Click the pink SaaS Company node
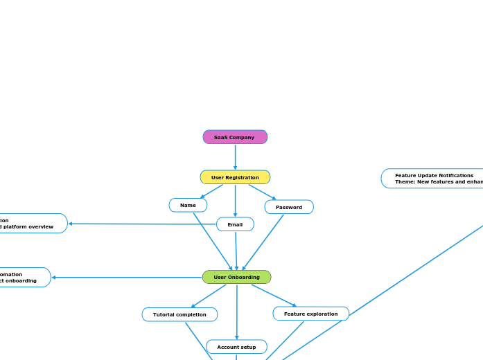(235, 137)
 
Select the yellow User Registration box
(235, 177)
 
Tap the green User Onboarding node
(236, 277)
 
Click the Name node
(188, 205)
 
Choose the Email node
(235, 224)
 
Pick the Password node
(289, 207)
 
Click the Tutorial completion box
(179, 314)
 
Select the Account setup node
(236, 347)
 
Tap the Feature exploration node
(310, 314)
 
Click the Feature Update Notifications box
(433, 179)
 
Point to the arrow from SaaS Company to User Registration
(235, 156)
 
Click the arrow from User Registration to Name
(211, 191)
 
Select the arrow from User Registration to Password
(262, 191)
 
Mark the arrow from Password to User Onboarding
(263, 242)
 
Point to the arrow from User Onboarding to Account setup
(237, 312)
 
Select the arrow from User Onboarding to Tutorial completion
(209, 296)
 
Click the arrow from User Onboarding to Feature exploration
(273, 295)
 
